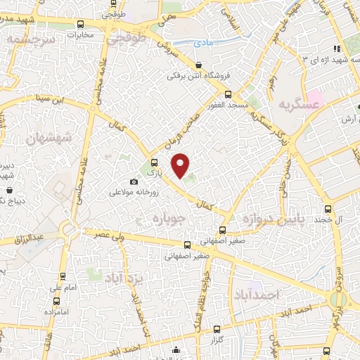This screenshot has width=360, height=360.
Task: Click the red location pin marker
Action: coord(181,165)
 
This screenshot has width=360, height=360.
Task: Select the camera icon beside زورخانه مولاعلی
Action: coord(134,182)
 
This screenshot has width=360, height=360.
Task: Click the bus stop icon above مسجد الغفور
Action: coord(227,94)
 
